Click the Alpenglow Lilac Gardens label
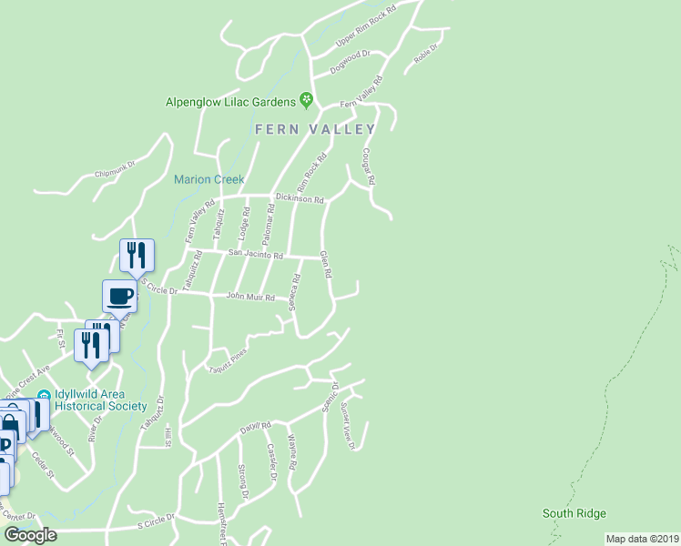[230, 102]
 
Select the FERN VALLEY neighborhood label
[315, 129]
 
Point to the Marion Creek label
[209, 179]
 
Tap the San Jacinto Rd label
[256, 254]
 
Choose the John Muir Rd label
[249, 297]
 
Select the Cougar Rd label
[369, 167]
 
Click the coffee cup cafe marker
[120, 295]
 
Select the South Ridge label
[574, 514]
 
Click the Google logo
[30, 535]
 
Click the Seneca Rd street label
[294, 291]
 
